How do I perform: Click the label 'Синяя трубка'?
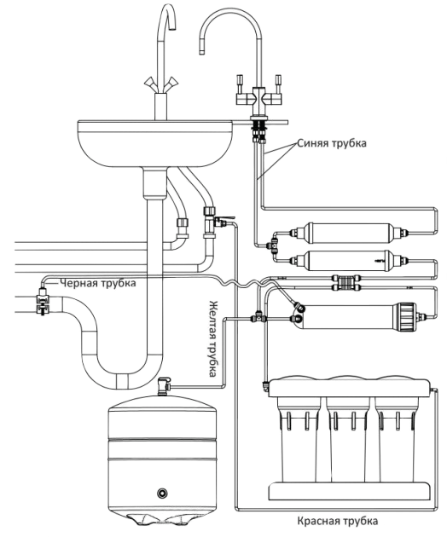pos(332,143)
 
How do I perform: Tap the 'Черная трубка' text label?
pos(98,283)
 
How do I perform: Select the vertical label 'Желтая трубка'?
pos(213,338)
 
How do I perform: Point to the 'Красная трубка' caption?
pos(338,521)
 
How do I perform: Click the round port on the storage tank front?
pos(162,494)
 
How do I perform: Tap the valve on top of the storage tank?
pos(164,386)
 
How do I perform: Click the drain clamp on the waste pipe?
pos(43,302)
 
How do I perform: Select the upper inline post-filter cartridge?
pos(348,234)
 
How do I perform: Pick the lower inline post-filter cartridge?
pos(348,261)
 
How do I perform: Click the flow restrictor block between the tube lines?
pos(344,282)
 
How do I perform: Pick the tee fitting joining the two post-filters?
pos(274,245)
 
